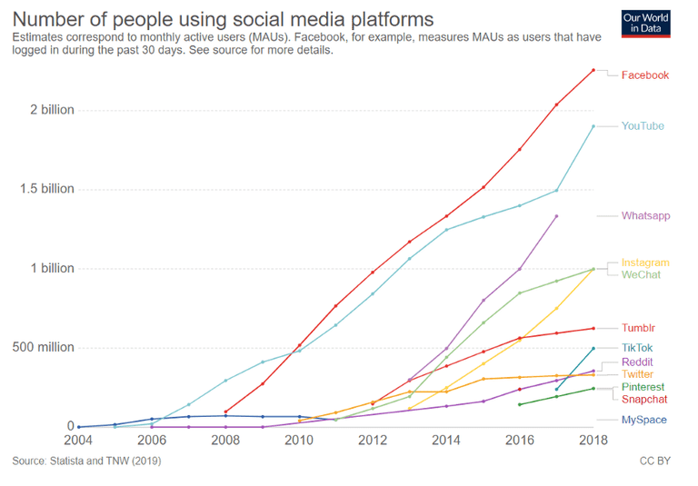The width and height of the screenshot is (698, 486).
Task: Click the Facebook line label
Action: pyautogui.click(x=644, y=75)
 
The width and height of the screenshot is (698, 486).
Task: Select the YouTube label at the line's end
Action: pyautogui.click(x=642, y=126)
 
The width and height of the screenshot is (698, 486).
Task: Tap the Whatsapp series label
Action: pyautogui.click(x=645, y=216)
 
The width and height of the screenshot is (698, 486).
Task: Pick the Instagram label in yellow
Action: pyautogui.click(x=645, y=263)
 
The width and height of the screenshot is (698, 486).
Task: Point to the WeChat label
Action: pyautogui.click(x=641, y=274)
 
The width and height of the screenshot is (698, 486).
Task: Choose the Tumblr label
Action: pyautogui.click(x=638, y=328)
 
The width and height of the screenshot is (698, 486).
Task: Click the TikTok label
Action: pyautogui.click(x=636, y=348)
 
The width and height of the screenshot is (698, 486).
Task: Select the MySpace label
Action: pyautogui.click(x=643, y=420)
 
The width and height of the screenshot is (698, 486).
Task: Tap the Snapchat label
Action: pyautogui.click(x=644, y=400)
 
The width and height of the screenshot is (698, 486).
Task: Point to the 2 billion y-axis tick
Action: pyautogui.click(x=51, y=111)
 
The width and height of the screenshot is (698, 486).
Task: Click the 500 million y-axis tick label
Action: pyautogui.click(x=43, y=348)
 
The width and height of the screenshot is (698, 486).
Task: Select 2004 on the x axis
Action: pyautogui.click(x=78, y=441)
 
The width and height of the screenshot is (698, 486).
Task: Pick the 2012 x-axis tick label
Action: pyautogui.click(x=373, y=441)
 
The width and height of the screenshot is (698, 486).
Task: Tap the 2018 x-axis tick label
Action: pyautogui.click(x=593, y=441)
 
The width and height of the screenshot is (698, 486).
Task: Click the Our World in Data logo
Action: pyautogui.click(x=646, y=23)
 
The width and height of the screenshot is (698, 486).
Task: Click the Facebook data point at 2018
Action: pyautogui.click(x=593, y=70)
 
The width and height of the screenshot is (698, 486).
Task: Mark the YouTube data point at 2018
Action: pyautogui.click(x=593, y=126)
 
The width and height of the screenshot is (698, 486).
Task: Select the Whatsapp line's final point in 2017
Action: pyautogui.click(x=556, y=216)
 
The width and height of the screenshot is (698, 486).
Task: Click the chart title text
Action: pyautogui.click(x=223, y=19)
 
